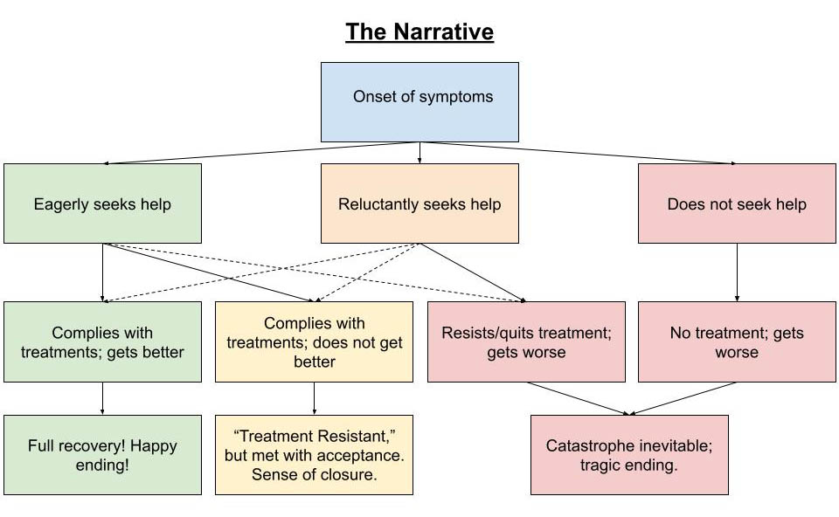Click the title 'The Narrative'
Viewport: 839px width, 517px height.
tap(419, 32)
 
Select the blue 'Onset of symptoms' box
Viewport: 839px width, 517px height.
tap(419, 101)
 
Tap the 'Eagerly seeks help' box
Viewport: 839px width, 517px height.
tap(102, 203)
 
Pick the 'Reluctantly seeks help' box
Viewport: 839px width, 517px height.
tap(419, 203)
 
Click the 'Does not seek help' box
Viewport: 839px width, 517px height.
tap(737, 203)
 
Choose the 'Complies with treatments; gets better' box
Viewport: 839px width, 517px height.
tap(102, 341)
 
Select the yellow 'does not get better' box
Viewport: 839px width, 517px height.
tap(315, 341)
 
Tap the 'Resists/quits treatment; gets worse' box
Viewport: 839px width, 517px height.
tap(526, 341)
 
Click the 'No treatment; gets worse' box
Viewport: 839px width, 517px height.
tap(737, 341)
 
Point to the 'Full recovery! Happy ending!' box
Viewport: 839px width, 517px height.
tap(102, 455)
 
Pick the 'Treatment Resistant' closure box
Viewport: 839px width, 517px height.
tap(315, 455)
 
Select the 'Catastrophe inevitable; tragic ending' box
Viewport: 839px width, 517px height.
tap(629, 455)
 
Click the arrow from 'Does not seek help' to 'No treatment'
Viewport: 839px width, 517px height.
tap(737, 272)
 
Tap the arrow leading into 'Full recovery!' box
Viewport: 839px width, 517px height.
tap(102, 398)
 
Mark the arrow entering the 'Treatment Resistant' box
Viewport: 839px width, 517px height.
tap(315, 398)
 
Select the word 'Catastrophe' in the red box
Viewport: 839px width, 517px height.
tap(586, 445)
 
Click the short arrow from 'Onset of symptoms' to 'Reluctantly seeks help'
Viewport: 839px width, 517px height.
tap(419, 153)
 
